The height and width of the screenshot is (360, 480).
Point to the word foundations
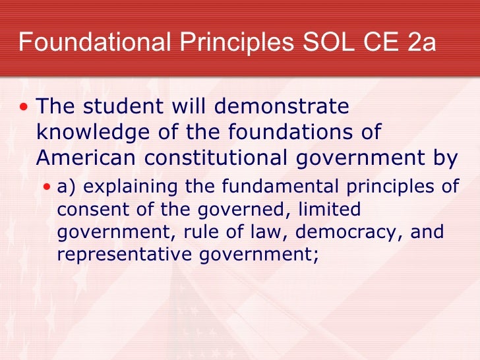pos(291,131)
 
